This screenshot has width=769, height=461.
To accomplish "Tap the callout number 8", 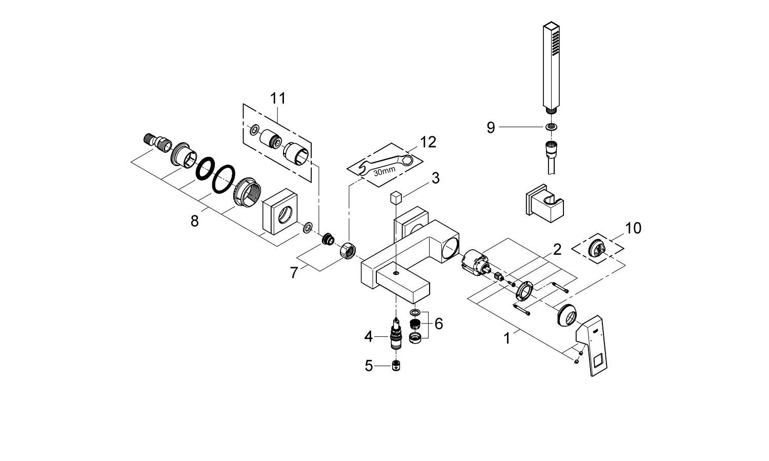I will (194, 222).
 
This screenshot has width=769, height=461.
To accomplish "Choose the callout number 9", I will (491, 128).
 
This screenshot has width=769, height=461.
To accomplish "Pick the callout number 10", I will (633, 228).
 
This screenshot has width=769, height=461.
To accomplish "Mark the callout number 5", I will (369, 366).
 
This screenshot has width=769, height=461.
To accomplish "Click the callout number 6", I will (438, 324).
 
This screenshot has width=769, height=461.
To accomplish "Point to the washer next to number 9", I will (552, 127).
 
